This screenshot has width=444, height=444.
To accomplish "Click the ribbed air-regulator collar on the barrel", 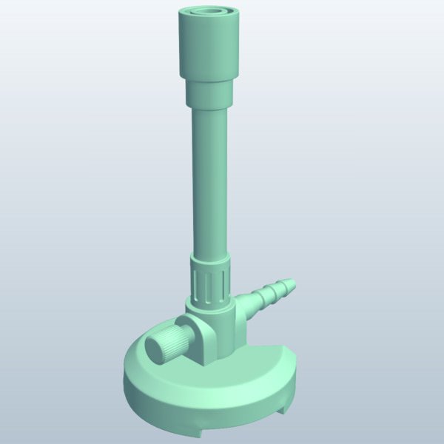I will (x=211, y=285).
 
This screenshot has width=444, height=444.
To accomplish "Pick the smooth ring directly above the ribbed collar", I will (x=211, y=260).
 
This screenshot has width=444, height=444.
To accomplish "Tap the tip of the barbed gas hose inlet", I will (x=289, y=284).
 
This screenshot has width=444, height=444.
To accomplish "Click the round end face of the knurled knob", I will (x=155, y=349).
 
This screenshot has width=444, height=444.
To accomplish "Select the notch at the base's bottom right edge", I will (x=284, y=404).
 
